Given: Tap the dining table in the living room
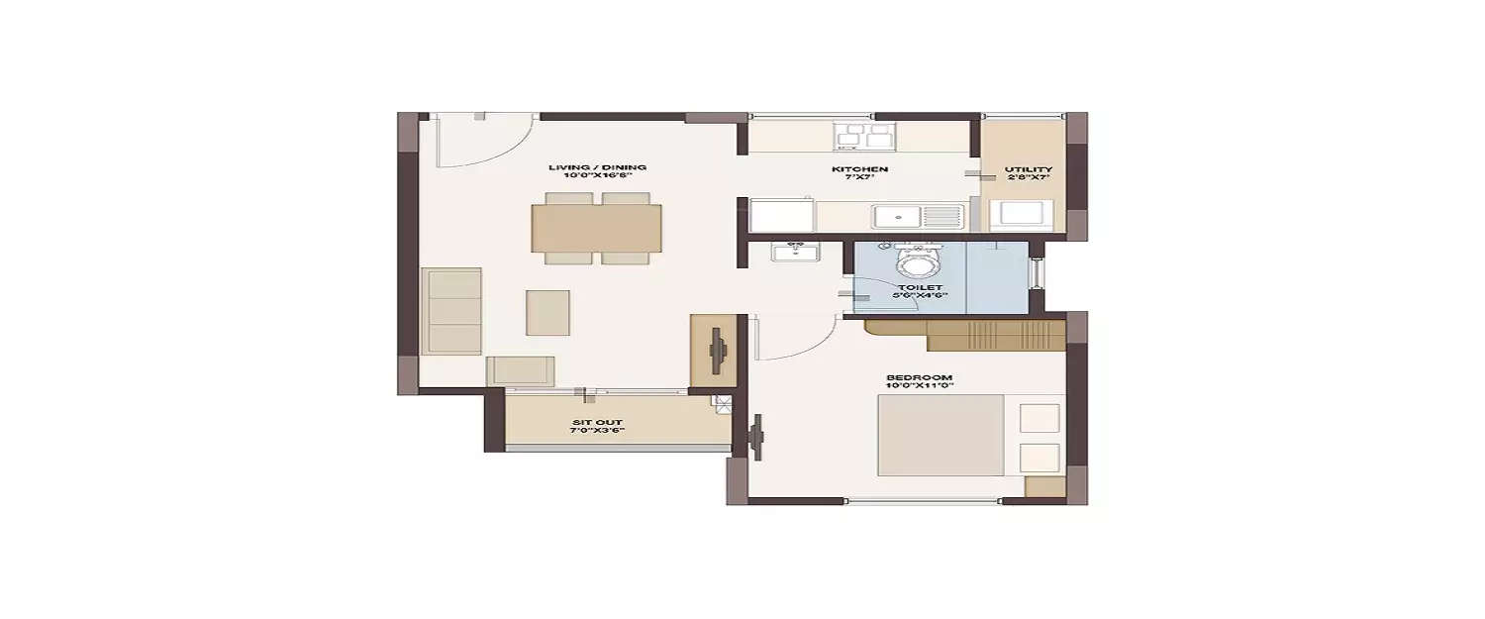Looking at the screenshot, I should click(x=597, y=228).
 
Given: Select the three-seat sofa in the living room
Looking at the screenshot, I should click(x=451, y=311).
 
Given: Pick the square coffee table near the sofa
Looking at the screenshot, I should click(x=547, y=312).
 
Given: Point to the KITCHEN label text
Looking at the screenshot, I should click(x=858, y=169).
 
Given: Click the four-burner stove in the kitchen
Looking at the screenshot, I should click(x=864, y=136).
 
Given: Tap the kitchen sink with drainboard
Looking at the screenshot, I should click(x=917, y=216).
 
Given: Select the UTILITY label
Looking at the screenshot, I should click(x=1028, y=169).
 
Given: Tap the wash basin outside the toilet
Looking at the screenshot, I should click(x=795, y=252).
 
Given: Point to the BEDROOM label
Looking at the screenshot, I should click(x=919, y=377).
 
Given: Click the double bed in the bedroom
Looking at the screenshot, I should click(x=940, y=435).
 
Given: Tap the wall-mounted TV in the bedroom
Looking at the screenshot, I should click(x=757, y=437).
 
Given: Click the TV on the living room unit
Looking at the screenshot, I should click(x=718, y=350).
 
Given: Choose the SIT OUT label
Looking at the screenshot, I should click(x=596, y=423).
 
